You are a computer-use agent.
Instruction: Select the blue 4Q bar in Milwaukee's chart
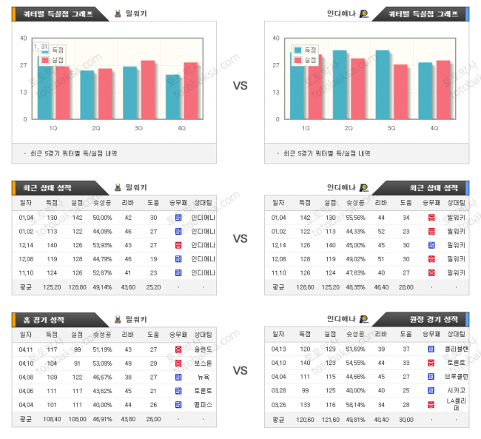click(172, 97)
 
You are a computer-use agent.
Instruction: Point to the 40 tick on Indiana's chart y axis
click(276, 38)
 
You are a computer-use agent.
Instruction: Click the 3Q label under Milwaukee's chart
click(139, 127)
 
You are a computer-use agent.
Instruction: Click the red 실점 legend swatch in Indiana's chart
click(297, 59)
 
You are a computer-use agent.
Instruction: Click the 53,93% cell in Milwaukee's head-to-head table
click(102, 244)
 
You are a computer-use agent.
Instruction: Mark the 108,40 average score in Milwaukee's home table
click(53, 419)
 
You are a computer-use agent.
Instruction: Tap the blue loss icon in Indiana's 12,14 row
click(431, 244)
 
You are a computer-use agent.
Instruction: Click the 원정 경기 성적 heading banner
click(431, 319)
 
